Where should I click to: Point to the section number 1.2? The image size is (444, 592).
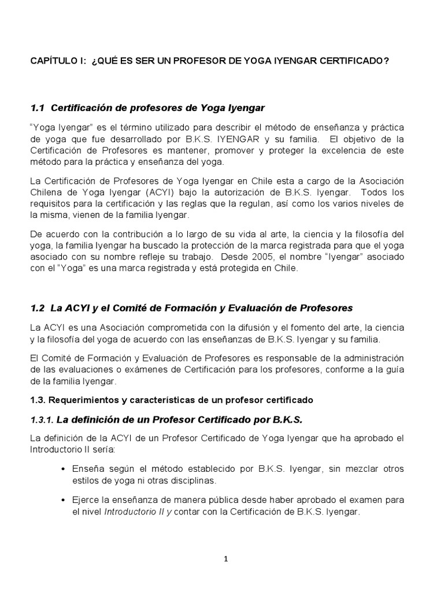38,308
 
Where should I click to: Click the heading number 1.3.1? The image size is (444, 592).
40,419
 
